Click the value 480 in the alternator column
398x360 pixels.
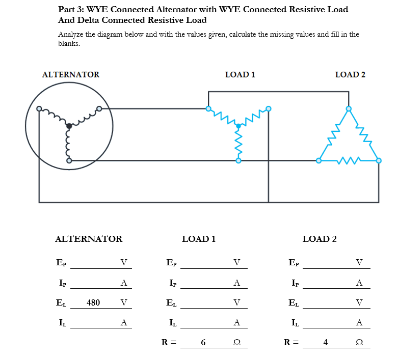pos(93,302)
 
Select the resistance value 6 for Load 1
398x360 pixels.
pos(203,342)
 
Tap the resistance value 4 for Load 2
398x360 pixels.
pos(325,342)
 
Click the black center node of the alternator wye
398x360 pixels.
pos(69,126)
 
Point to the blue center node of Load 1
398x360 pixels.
pos(238,126)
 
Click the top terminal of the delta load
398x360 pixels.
pos(349,109)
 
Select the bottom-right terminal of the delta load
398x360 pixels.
pos(379,160)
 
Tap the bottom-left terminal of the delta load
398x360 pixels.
pos(319,160)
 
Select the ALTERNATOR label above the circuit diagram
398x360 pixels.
pos(70,75)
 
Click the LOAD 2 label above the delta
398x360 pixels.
pos(350,75)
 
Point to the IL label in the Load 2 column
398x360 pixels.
pos(295,322)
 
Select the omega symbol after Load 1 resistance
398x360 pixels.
pos(236,342)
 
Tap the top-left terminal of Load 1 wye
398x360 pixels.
pos(208,108)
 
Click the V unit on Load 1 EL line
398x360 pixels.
pos(236,302)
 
